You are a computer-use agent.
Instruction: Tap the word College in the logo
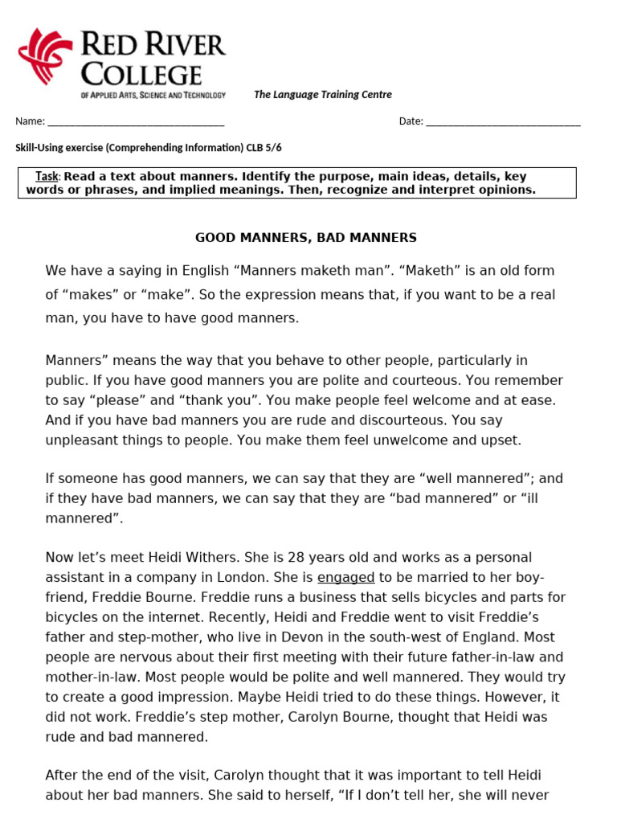[x=141, y=75]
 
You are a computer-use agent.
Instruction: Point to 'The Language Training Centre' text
[x=323, y=95]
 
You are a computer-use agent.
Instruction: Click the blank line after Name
[x=136, y=123]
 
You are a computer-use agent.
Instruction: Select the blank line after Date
[x=503, y=123]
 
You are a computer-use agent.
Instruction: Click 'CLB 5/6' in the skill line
[x=264, y=148]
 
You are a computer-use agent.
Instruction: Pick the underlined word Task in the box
[x=47, y=176]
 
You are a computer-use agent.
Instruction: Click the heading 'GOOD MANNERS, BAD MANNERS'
[x=306, y=238]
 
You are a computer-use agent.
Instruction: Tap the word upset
[x=501, y=440]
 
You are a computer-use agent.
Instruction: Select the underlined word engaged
[x=346, y=577]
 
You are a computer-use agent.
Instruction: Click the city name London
[x=264, y=577]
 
